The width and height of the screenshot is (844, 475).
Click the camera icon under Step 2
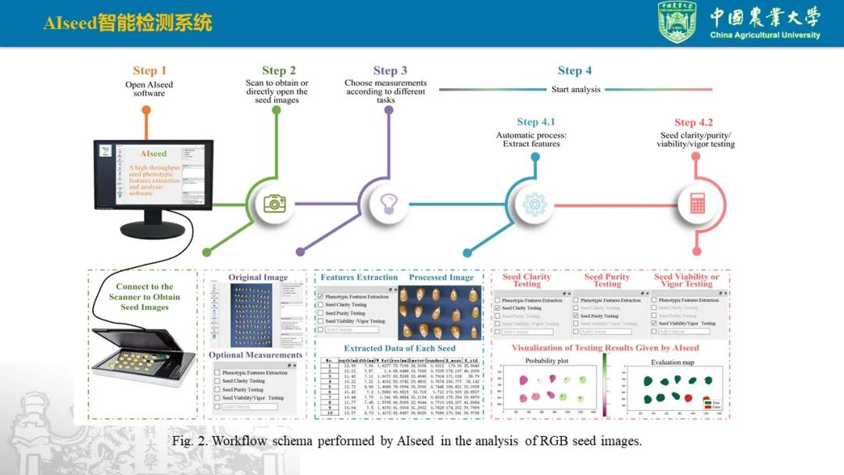274,204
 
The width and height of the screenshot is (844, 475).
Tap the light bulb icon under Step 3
388,204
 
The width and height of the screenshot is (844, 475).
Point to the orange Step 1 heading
149,71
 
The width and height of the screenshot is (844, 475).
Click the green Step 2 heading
279,71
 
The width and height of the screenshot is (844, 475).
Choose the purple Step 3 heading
390,71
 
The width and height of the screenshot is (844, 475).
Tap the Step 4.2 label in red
694,123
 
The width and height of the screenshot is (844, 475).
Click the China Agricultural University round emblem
678,22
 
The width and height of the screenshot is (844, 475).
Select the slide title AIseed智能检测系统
127,23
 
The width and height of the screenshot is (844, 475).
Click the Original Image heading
258,277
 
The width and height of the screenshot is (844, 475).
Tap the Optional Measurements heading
255,355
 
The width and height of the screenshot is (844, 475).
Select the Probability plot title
546,362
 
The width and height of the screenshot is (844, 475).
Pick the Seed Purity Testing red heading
606,280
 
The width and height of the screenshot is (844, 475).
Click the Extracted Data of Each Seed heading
399,348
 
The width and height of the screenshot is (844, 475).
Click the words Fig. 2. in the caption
189,441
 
